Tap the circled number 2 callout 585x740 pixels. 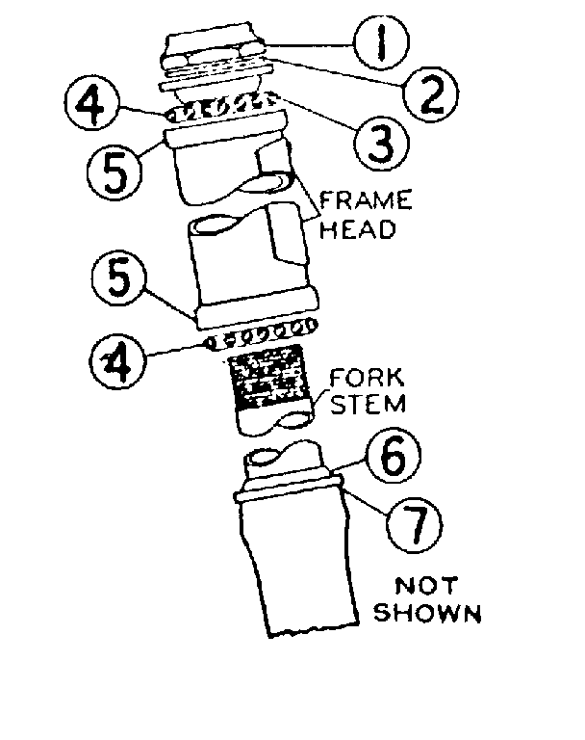coord(423,93)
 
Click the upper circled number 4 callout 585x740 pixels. coord(94,103)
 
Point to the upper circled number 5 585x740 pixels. coord(113,169)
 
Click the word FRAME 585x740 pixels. coord(365,202)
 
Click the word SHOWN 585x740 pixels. coord(427,612)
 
